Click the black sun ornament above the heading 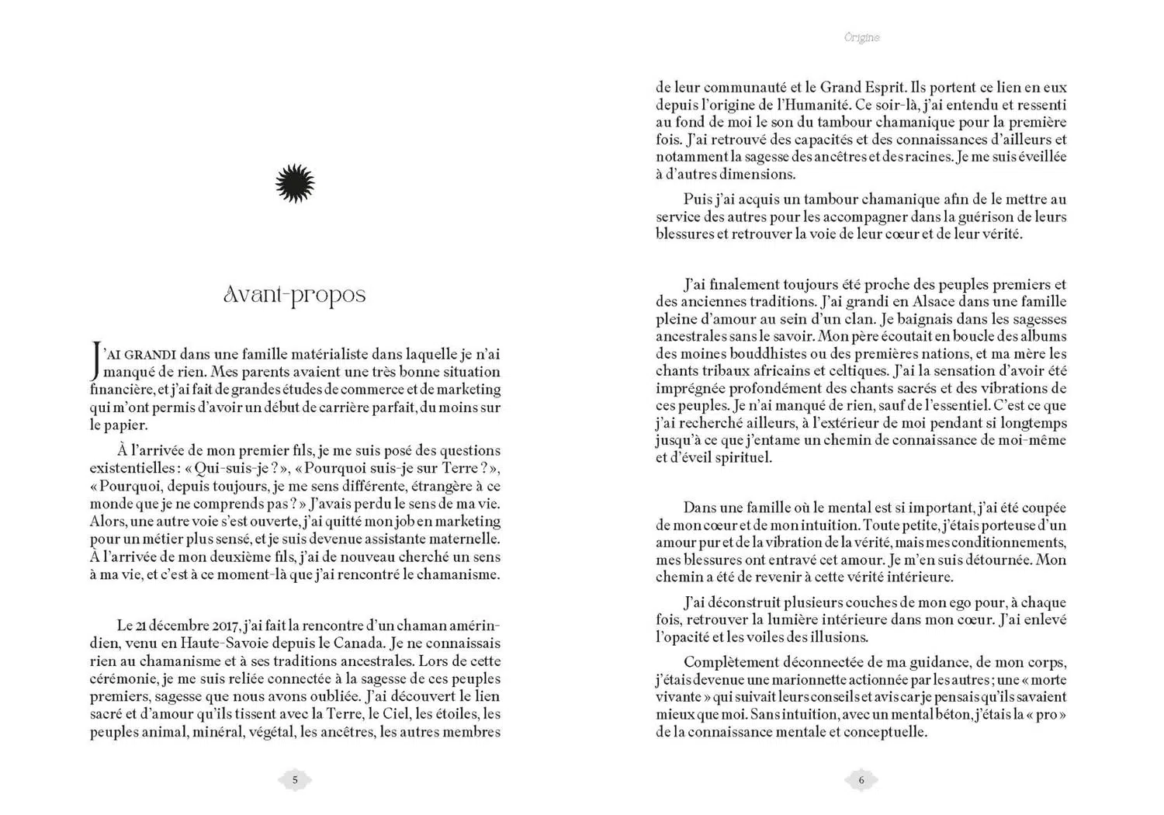point(295,184)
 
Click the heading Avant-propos point(294,296)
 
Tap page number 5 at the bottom point(295,780)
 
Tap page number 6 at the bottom point(861,780)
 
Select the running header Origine point(861,37)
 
